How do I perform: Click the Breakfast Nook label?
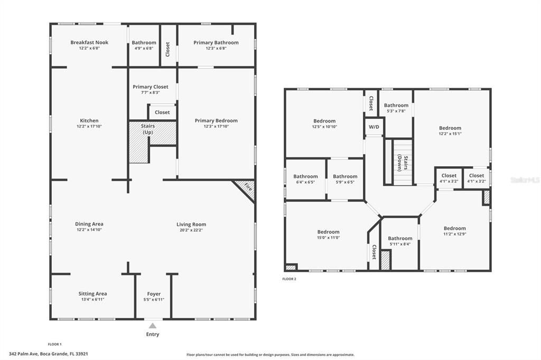pyautogui.click(x=89, y=42)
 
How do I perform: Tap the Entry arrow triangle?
pyautogui.click(x=153, y=326)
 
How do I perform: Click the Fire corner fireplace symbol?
pyautogui.click(x=246, y=190)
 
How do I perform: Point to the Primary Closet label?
pyautogui.click(x=151, y=87)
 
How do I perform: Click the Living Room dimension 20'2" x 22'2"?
pyautogui.click(x=191, y=230)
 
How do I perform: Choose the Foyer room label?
pyautogui.click(x=154, y=294)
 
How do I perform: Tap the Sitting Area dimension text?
pyautogui.click(x=93, y=299)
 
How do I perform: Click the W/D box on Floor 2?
pyautogui.click(x=374, y=127)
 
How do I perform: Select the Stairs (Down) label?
pyautogui.click(x=403, y=163)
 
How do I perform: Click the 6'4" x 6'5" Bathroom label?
pyautogui.click(x=306, y=176)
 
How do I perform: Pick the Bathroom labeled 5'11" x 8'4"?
pyautogui.click(x=400, y=238)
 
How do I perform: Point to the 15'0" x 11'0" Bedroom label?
pyautogui.click(x=329, y=232)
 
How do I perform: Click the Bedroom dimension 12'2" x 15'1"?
pyautogui.click(x=450, y=134)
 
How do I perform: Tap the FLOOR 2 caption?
pyautogui.click(x=289, y=279)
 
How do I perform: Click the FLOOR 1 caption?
pyautogui.click(x=54, y=344)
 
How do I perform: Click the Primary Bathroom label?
pyautogui.click(x=216, y=42)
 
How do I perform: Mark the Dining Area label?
pyautogui.click(x=89, y=224)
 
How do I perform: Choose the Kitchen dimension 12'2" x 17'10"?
pyautogui.click(x=89, y=127)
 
